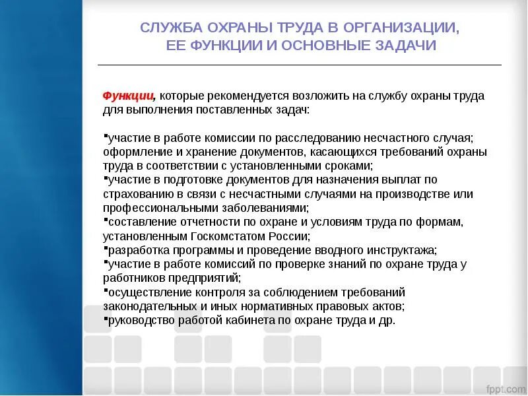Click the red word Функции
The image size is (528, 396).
pos(128,96)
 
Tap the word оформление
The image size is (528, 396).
pos(135,152)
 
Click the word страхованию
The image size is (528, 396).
pos(136,194)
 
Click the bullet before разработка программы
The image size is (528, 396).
pos(106,248)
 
